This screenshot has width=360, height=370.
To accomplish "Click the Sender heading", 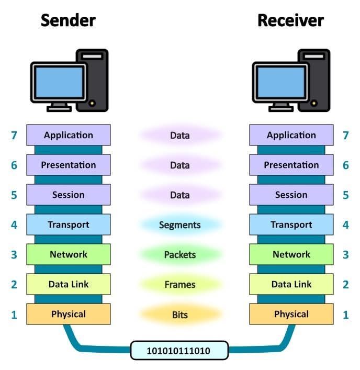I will [x=68, y=20].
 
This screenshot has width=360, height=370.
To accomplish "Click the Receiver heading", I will [x=290, y=20].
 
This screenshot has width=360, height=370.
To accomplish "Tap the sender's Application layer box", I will [x=69, y=135].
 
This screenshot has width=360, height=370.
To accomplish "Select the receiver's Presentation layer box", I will [x=291, y=165].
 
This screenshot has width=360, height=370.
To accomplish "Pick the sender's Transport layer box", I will [x=69, y=225].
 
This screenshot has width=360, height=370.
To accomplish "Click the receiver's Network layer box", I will [x=291, y=254].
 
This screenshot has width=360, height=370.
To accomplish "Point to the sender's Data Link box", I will [x=69, y=284].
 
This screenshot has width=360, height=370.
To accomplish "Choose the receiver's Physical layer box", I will [x=291, y=314].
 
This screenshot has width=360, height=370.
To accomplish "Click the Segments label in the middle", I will [x=179, y=225].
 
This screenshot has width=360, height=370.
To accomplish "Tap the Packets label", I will [x=179, y=255].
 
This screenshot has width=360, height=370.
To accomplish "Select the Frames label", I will [x=179, y=285].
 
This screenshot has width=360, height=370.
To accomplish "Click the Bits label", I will [x=179, y=315].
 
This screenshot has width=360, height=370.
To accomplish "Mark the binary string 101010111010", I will [x=179, y=350].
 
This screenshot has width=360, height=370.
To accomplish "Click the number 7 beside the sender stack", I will [x=14, y=136].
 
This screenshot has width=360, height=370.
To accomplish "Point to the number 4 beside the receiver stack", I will [x=345, y=225].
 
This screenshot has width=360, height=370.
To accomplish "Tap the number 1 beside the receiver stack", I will [x=345, y=315].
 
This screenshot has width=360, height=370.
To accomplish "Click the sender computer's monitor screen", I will [x=58, y=82].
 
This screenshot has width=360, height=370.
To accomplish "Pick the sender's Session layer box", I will [x=69, y=195].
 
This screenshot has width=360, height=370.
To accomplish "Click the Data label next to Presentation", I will [x=179, y=165].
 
